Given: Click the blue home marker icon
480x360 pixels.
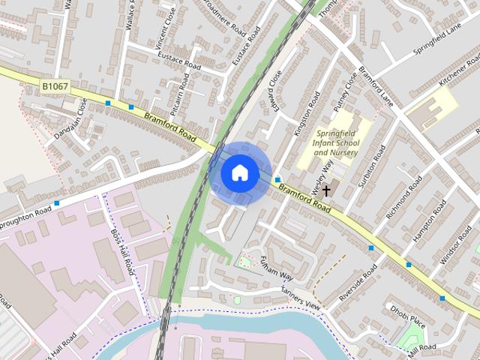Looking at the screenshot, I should coord(239,173).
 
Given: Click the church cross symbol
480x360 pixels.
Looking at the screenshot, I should coord(326,191).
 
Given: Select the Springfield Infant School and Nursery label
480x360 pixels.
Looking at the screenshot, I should coord(335,142).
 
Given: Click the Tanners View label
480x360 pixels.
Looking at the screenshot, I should coord(301,298).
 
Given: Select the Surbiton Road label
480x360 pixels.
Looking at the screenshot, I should coord(371,166).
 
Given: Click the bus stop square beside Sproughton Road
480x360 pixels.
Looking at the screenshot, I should coord(57,202).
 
